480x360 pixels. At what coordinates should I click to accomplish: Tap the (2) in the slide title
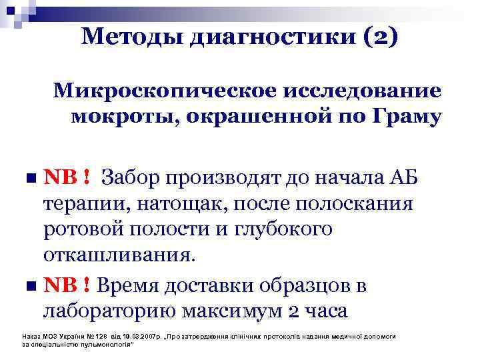(380, 38)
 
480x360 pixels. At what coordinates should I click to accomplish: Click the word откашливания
(120, 255)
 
